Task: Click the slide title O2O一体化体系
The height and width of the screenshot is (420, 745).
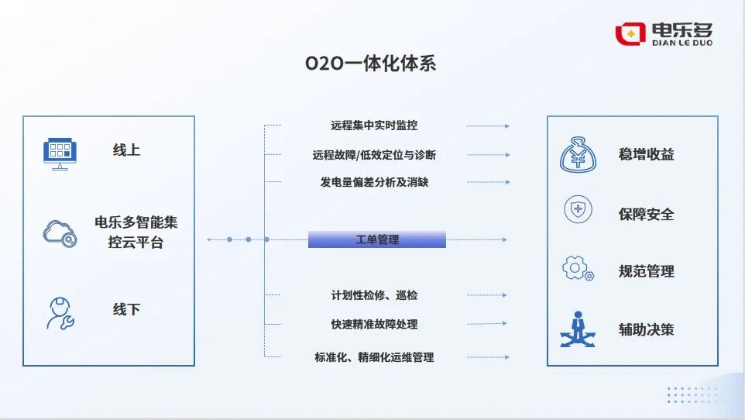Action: (x=371, y=64)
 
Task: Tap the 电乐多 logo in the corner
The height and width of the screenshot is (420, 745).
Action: (x=664, y=33)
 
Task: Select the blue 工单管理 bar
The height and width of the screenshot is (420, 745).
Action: (x=377, y=239)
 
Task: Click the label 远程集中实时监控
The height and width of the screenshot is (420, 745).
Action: (x=374, y=126)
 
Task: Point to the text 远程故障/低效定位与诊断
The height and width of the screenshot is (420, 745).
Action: (x=374, y=155)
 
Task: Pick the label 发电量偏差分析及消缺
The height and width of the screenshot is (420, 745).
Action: (x=374, y=182)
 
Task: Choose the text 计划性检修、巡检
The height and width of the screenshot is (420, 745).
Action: (x=374, y=295)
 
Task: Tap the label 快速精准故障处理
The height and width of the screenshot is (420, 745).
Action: (x=374, y=324)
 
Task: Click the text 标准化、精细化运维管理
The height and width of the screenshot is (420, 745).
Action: (x=374, y=357)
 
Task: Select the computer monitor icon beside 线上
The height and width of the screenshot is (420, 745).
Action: (x=61, y=153)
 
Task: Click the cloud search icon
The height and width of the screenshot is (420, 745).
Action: (x=60, y=232)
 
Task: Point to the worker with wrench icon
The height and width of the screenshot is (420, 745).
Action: (x=60, y=313)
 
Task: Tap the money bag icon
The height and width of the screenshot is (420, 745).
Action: (x=578, y=154)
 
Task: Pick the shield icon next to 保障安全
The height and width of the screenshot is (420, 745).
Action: (x=578, y=209)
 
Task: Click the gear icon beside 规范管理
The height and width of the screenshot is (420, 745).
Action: (x=578, y=269)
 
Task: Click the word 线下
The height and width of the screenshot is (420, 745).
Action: (x=126, y=309)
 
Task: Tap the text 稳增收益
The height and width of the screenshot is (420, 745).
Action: (x=646, y=154)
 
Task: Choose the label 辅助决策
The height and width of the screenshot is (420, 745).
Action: (x=646, y=329)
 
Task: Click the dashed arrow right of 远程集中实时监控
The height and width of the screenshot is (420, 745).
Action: (x=488, y=126)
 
